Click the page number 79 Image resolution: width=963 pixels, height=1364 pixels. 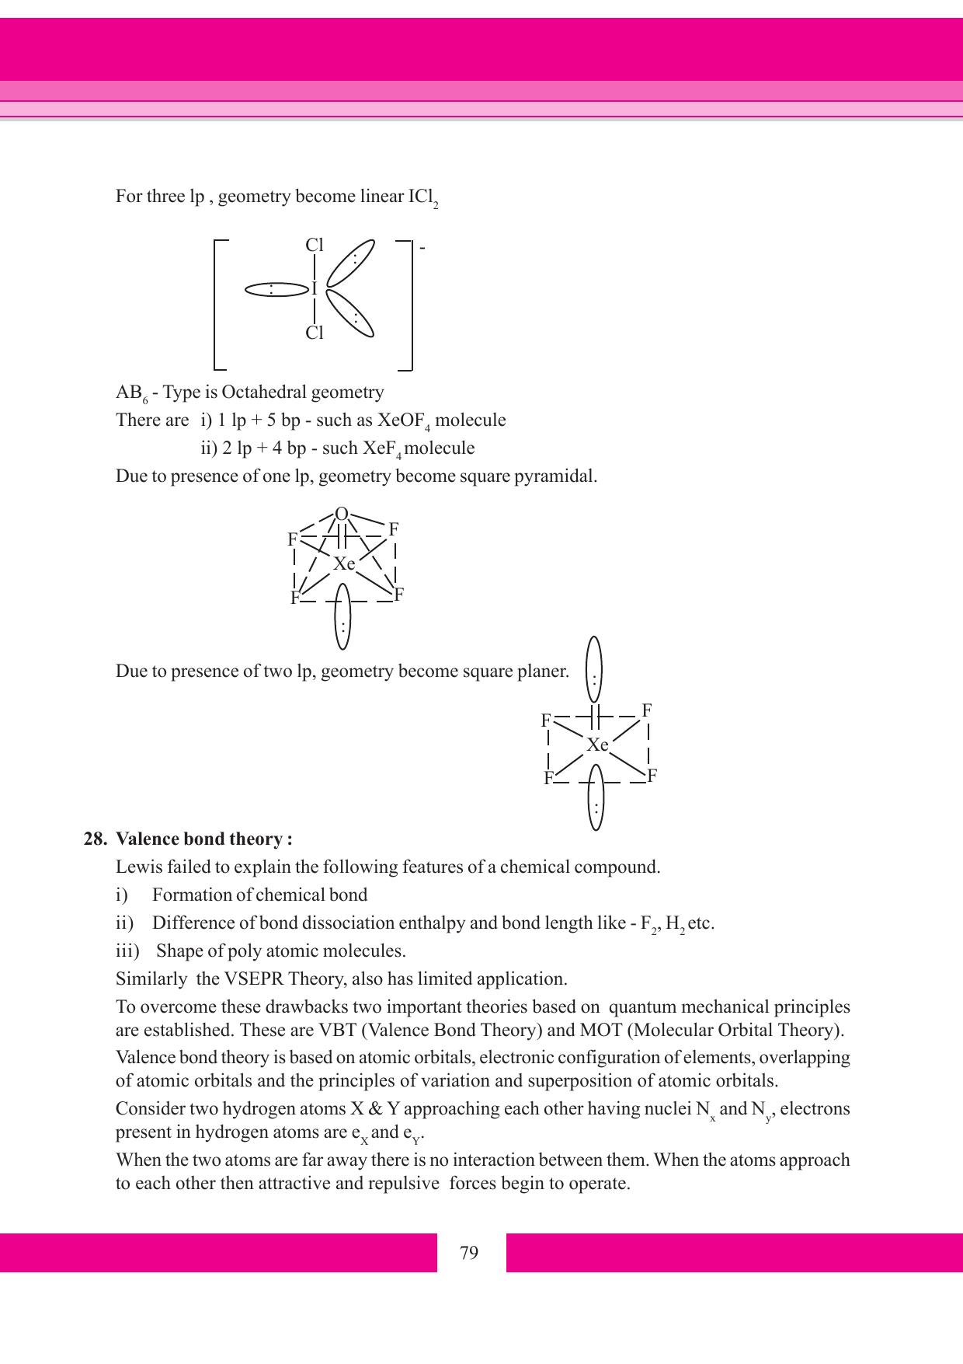click(469, 1253)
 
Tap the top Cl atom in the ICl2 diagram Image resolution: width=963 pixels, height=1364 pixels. click(315, 246)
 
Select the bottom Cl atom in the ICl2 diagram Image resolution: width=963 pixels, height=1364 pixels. click(315, 333)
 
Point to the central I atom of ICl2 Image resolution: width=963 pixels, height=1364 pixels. click(314, 289)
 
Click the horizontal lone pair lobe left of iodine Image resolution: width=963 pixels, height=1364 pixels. click(276, 290)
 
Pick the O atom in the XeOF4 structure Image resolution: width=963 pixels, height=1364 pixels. click(341, 514)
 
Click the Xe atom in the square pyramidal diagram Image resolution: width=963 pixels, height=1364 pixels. click(344, 564)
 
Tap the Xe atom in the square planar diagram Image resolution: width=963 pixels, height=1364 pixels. click(597, 745)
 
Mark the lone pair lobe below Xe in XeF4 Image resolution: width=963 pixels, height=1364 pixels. click(596, 797)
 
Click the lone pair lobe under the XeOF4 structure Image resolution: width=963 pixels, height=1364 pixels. click(342, 617)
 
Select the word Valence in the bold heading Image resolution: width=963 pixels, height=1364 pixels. click(144, 839)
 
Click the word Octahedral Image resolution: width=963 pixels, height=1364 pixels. click(263, 392)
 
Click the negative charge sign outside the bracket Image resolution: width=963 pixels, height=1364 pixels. click(422, 248)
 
